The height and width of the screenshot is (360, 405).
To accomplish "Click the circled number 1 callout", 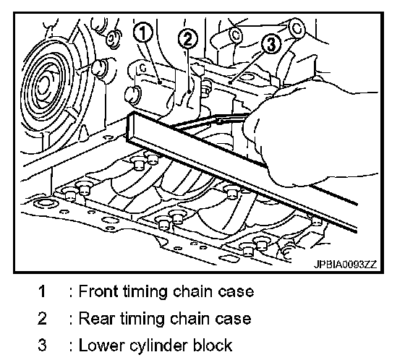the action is [143, 33].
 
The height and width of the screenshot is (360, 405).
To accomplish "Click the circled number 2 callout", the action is [188, 39].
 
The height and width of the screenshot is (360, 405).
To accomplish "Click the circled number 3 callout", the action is [270, 44].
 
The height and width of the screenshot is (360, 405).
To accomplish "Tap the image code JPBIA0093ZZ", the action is [345, 264].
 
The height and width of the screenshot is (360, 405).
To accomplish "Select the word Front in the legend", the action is [98, 291].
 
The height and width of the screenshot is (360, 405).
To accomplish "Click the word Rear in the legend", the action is [95, 318].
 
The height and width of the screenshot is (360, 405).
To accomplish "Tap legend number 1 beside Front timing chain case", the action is [42, 291].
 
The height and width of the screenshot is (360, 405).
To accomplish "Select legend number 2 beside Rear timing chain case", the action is [42, 318].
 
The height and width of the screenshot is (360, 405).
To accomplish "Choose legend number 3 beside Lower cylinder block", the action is [42, 346].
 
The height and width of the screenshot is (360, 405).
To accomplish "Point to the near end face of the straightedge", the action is [131, 128].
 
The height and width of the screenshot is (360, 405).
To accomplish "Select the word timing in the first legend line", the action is [145, 292].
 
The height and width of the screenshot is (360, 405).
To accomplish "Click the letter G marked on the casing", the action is [143, 68].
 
